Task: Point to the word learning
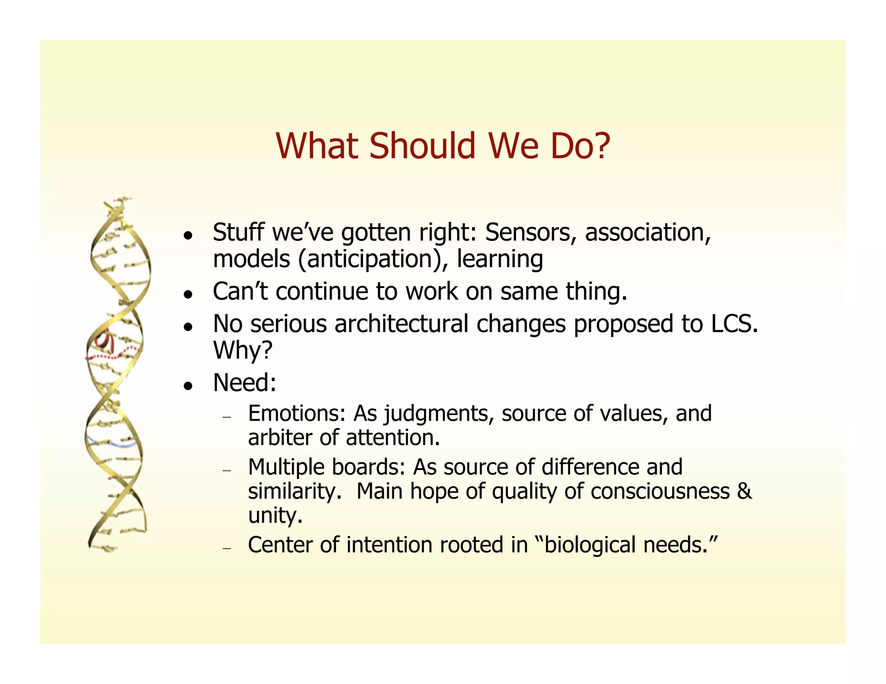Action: click(x=500, y=260)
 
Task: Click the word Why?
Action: click(x=243, y=350)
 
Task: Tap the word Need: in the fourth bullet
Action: click(x=244, y=383)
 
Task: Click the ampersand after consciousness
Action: click(x=744, y=492)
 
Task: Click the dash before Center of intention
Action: click(x=227, y=548)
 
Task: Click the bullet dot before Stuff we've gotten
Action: click(x=187, y=236)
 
